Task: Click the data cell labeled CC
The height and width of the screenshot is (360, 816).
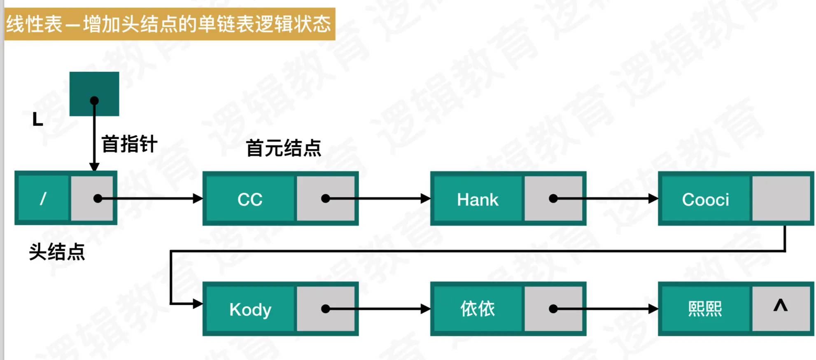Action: [x=250, y=199]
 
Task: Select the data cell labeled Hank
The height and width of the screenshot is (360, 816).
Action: [x=478, y=199]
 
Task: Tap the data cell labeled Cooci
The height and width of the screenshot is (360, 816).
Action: [x=705, y=199]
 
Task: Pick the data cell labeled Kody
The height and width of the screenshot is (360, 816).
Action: [x=250, y=309]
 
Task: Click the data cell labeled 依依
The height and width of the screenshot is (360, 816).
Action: [x=478, y=309]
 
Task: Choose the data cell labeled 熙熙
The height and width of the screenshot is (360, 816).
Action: [x=705, y=309]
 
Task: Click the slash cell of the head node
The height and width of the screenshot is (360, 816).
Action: [x=43, y=199]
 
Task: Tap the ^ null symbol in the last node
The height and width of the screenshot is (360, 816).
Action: [x=780, y=306]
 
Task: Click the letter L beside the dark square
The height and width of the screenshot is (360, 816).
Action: [x=37, y=120]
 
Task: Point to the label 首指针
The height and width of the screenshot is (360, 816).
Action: [x=129, y=144]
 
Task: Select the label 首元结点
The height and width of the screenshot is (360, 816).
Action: [x=283, y=148]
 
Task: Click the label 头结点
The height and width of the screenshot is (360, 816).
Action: [x=57, y=252]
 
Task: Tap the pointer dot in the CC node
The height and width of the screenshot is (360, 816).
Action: [x=326, y=199]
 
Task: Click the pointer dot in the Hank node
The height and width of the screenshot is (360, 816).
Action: [x=553, y=199]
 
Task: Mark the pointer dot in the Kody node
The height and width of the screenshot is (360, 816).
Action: [x=326, y=309]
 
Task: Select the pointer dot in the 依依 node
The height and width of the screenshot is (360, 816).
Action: [x=553, y=309]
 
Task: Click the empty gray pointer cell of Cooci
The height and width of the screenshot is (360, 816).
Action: [x=781, y=199]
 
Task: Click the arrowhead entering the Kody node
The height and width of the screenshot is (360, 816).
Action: [x=198, y=304]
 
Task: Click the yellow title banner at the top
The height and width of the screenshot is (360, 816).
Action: [x=170, y=24]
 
